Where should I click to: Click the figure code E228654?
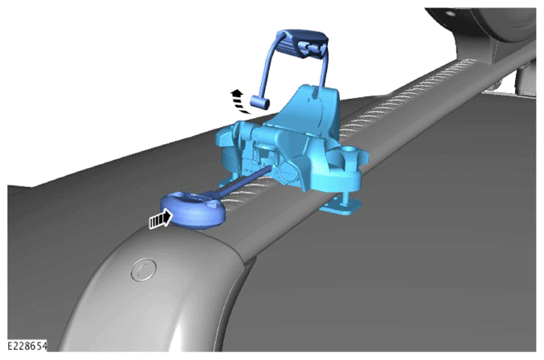tap(27, 346)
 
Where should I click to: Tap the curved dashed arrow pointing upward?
tap(239, 101)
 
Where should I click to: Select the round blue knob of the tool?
tap(193, 211)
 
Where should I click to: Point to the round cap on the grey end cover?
tap(144, 269)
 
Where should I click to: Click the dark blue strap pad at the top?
tap(302, 43)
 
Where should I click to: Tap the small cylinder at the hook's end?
tap(260, 102)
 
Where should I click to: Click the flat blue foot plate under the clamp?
tap(342, 207)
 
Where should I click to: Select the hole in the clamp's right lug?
tap(348, 150)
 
